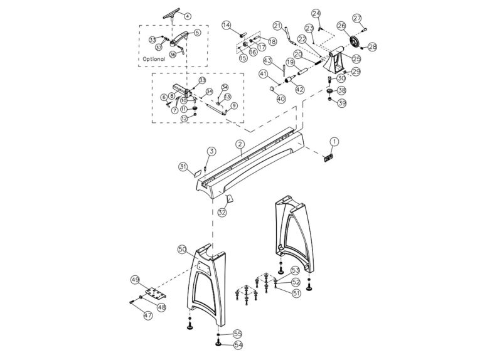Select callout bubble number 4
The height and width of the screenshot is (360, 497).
click(188, 14)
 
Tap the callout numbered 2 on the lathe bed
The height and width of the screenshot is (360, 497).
click(240, 144)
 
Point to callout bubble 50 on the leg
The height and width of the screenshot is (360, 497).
click(181, 249)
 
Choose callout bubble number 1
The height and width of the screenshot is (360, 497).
click(334, 141)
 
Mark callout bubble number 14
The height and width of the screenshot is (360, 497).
click(227, 24)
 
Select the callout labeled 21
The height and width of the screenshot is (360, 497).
click(277, 25)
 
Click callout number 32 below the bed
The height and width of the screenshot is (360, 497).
click(222, 213)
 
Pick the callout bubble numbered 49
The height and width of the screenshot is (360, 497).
click(134, 279)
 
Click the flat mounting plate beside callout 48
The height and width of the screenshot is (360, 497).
click(152, 294)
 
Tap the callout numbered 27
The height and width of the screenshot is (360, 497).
click(374, 18)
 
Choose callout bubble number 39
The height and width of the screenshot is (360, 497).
click(342, 103)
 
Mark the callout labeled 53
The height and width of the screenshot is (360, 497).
click(296, 270)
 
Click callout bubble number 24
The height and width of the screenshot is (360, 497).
click(316, 13)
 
